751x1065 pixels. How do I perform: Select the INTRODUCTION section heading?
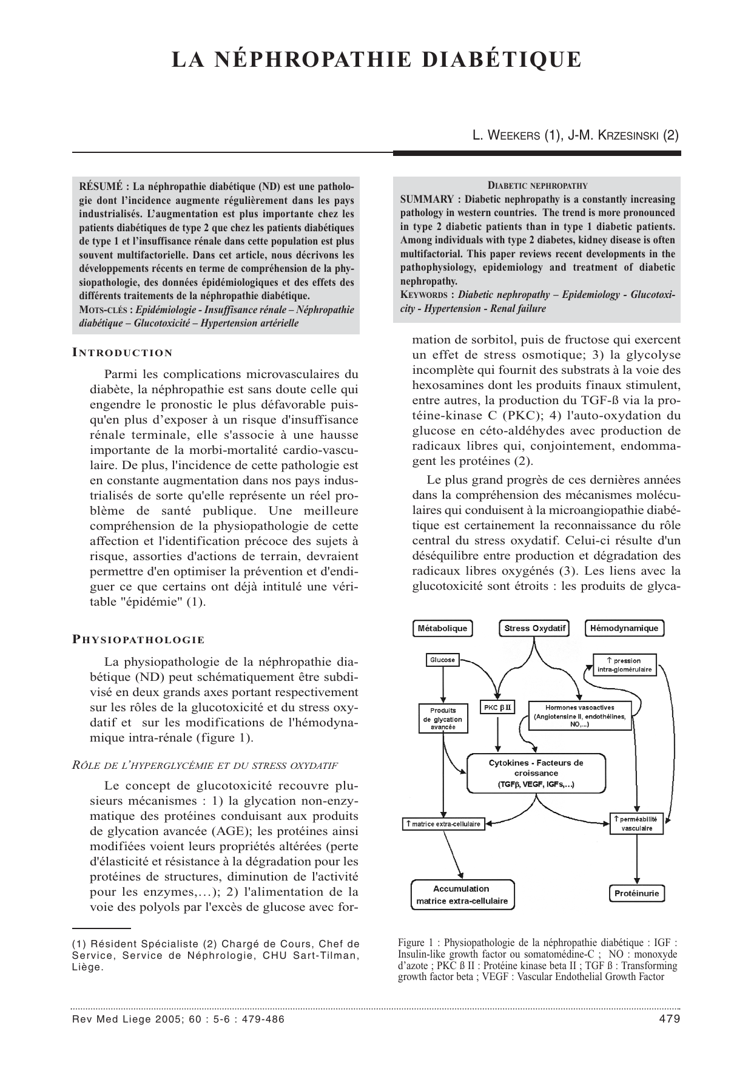point(123,353)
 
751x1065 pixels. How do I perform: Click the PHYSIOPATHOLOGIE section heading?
point(138,640)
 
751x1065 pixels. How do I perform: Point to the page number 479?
point(668,1019)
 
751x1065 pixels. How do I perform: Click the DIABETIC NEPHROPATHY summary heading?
point(537,186)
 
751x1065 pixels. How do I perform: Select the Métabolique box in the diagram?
point(442,628)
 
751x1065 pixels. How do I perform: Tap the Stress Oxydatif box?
point(534,628)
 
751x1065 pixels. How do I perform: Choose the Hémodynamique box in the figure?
point(624,628)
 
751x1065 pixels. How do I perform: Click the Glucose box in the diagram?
point(442,660)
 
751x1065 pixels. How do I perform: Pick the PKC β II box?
point(497,707)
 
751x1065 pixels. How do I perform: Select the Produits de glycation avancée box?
point(443,718)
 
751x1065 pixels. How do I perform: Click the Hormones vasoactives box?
point(579,716)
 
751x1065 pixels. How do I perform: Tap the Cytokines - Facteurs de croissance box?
point(536,773)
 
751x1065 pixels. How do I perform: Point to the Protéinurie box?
point(636,893)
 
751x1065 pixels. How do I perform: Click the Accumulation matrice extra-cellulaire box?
point(462,894)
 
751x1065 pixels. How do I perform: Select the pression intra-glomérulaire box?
point(624,664)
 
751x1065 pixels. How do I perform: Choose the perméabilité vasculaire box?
point(636,823)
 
